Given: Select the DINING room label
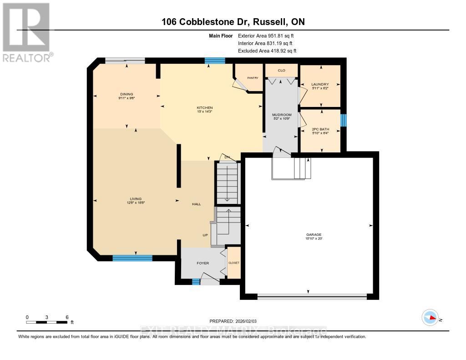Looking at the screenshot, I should [x=127, y=94].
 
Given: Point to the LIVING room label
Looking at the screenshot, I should [x=136, y=199].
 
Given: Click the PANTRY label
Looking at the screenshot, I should [x=253, y=78].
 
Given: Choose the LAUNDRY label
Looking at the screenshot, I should [x=320, y=84].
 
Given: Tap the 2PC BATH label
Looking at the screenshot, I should [x=320, y=129].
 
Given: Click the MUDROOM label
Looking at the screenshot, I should [x=282, y=115].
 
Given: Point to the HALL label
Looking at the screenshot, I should [x=196, y=204].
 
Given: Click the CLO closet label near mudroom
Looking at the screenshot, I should [x=281, y=71].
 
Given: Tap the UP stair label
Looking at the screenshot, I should [x=205, y=235].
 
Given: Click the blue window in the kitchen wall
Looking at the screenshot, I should [x=214, y=61].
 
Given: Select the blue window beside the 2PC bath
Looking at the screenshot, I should [x=344, y=120].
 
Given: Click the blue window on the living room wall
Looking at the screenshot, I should [x=132, y=258].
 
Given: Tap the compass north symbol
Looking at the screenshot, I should [x=430, y=317].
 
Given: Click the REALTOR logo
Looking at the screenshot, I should [x=26, y=32].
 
